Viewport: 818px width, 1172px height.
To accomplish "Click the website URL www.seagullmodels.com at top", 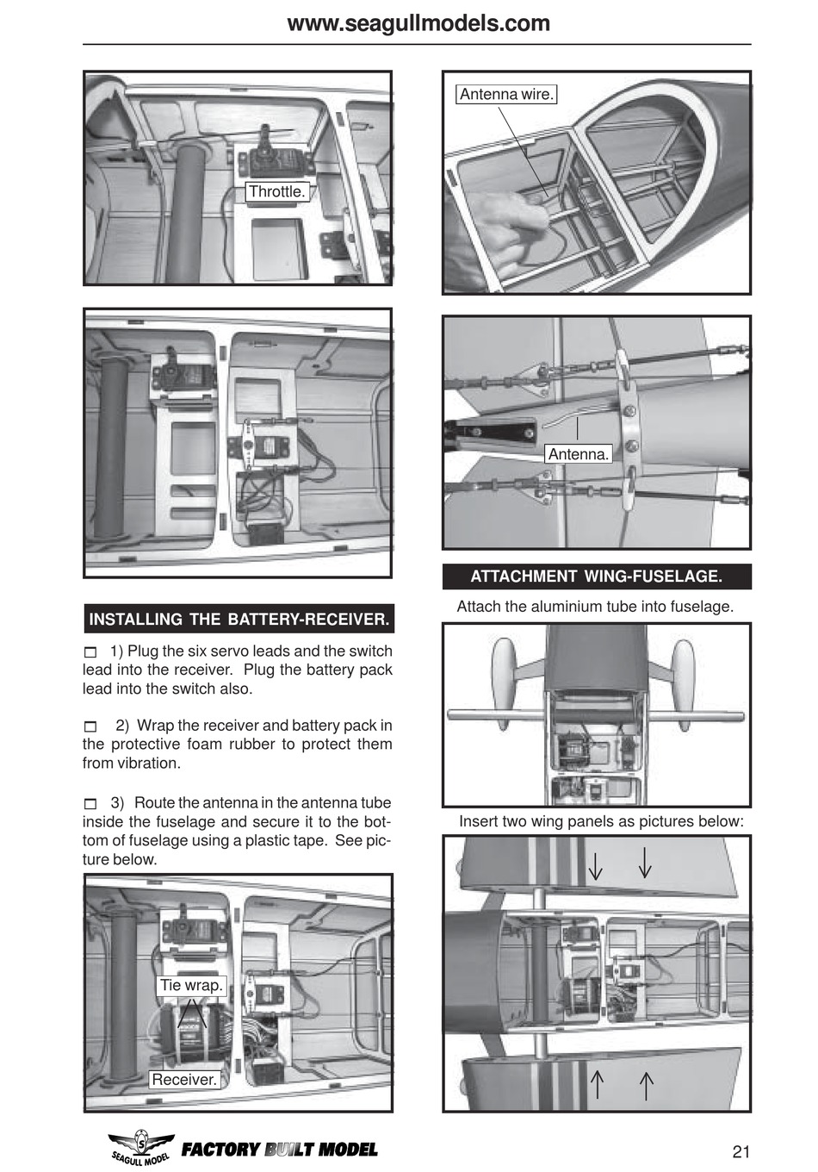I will point(418,22).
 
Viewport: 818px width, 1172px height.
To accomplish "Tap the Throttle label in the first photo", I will point(276,191).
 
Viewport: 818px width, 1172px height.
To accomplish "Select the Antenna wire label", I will point(506,94).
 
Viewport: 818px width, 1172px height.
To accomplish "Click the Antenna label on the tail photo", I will point(578,454).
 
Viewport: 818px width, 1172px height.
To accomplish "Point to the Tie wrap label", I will point(190,985).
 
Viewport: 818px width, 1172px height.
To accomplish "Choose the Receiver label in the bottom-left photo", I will point(183,1079).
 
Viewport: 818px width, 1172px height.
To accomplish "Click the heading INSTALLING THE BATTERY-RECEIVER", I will point(239,619).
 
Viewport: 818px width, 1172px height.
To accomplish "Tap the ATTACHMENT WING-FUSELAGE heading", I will point(596,577).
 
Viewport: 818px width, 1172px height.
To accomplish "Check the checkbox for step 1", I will point(90,652).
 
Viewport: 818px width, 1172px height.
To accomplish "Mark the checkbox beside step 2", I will point(90,726).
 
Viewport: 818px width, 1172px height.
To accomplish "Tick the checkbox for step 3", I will point(90,804).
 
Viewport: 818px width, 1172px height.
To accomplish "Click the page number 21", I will point(741,1151).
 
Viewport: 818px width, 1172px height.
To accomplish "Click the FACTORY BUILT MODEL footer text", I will point(279,1150).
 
